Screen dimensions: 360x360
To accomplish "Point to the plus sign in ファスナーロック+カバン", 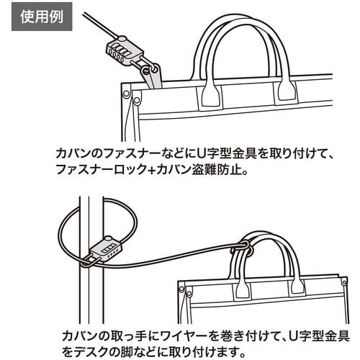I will (x=150, y=171).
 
